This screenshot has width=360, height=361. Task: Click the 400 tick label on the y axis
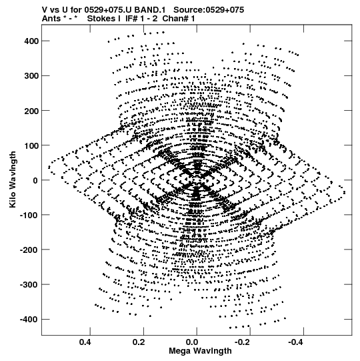pyautogui.click(x=31, y=41)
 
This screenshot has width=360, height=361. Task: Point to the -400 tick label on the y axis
pyautogui.click(x=29, y=320)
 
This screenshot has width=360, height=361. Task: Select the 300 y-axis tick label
pyautogui.click(x=31, y=76)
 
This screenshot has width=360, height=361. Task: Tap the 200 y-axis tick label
pyautogui.click(x=31, y=111)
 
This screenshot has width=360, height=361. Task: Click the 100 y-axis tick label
pyautogui.click(x=31, y=145)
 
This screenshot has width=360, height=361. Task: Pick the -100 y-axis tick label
pyautogui.click(x=29, y=215)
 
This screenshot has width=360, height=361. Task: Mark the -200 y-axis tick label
pyautogui.click(x=29, y=250)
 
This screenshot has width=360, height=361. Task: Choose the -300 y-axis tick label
pyautogui.click(x=29, y=285)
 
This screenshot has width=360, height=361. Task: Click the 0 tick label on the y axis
pyautogui.click(x=35, y=180)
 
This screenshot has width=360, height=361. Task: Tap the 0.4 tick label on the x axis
pyautogui.click(x=86, y=342)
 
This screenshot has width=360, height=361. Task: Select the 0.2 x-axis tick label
pyautogui.click(x=139, y=342)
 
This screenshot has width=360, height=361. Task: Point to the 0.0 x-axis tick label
pyautogui.click(x=192, y=342)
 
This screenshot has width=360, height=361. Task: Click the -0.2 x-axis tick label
pyautogui.click(x=242, y=342)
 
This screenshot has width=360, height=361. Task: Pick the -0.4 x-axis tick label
pyautogui.click(x=295, y=342)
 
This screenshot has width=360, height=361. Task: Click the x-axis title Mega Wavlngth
pyautogui.click(x=201, y=351)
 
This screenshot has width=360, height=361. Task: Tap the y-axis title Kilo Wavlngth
pyautogui.click(x=13, y=179)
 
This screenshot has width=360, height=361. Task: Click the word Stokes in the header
pyautogui.click(x=101, y=19)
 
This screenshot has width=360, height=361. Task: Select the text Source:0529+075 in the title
pyautogui.click(x=209, y=10)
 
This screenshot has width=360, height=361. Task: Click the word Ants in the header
pyautogui.click(x=51, y=19)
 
